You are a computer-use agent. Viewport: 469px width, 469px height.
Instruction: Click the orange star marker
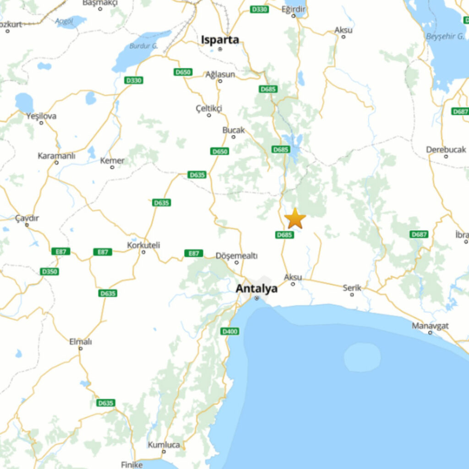coord(295,218)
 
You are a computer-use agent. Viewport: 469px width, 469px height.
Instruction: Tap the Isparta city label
coord(220,40)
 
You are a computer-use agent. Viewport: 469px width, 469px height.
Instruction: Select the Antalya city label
coord(256,289)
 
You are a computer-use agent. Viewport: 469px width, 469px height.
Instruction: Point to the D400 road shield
coord(229,331)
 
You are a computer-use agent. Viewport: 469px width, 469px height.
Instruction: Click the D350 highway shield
coord(49,272)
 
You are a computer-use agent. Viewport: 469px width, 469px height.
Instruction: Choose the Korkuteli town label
coord(143,245)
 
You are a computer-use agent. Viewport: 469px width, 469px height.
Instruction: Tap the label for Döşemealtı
coord(236,256)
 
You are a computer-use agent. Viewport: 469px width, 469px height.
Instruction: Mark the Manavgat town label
coord(430,326)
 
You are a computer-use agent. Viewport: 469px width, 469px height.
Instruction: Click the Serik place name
coord(352,288)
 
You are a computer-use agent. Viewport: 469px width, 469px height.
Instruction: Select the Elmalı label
coord(80,342)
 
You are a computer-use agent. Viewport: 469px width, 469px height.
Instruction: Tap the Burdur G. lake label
coord(143,46)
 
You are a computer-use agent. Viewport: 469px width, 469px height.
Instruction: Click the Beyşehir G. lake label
coord(445,36)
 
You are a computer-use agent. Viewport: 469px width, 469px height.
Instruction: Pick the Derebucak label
coord(446,150)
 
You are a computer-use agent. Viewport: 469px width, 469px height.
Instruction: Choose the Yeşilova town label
coord(41,116)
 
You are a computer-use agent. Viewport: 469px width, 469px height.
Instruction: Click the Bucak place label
coord(234,131)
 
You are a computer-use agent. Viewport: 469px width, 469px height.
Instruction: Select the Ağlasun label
coord(220,75)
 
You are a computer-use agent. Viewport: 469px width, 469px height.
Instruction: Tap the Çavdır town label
coord(27,218)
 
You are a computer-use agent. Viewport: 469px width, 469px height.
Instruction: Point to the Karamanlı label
coord(56,156)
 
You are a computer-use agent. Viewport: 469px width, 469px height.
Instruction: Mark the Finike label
coord(132,464)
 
